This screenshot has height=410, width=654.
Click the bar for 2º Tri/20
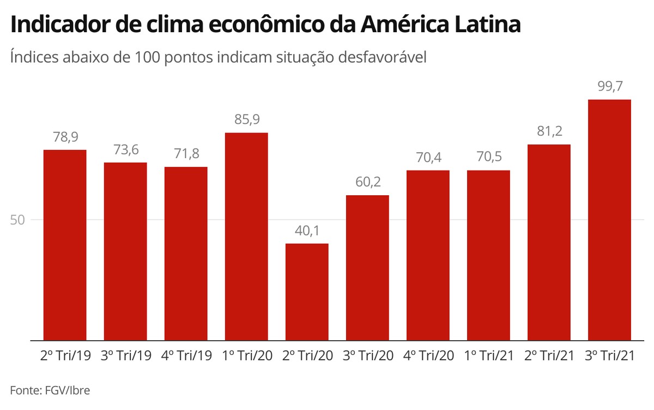click(307, 292)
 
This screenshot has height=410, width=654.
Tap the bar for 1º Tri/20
click(246, 237)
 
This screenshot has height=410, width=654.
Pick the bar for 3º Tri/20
click(367, 268)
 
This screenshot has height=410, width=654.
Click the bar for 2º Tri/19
click(65, 245)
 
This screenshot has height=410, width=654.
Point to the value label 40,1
click(307, 231)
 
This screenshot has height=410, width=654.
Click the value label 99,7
click(609, 87)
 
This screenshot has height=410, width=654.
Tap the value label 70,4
click(428, 158)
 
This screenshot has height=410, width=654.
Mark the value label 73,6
click(125, 150)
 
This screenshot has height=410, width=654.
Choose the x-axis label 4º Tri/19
click(186, 356)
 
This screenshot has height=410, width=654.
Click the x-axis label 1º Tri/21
click(488, 356)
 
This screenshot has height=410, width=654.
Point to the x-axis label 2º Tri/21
click(549, 356)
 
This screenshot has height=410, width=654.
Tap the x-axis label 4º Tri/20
click(428, 356)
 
